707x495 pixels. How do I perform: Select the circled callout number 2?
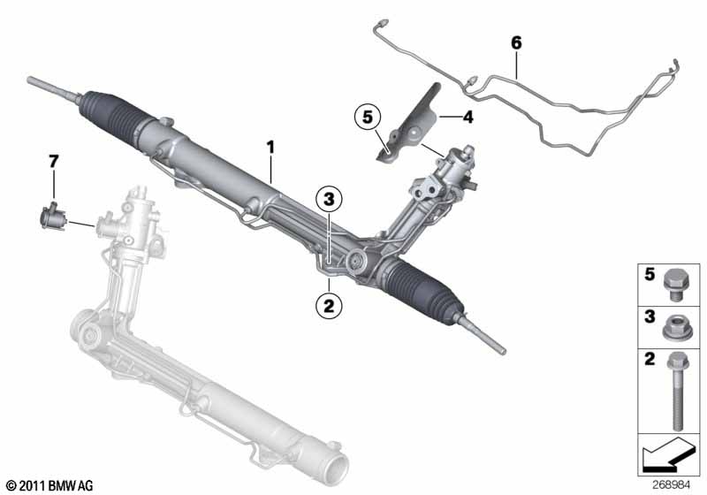point(328,307)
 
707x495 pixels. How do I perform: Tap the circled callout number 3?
point(328,201)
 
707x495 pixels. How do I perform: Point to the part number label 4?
point(469,116)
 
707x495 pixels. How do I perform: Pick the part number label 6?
point(516,42)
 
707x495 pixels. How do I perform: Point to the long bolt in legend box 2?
point(679,385)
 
